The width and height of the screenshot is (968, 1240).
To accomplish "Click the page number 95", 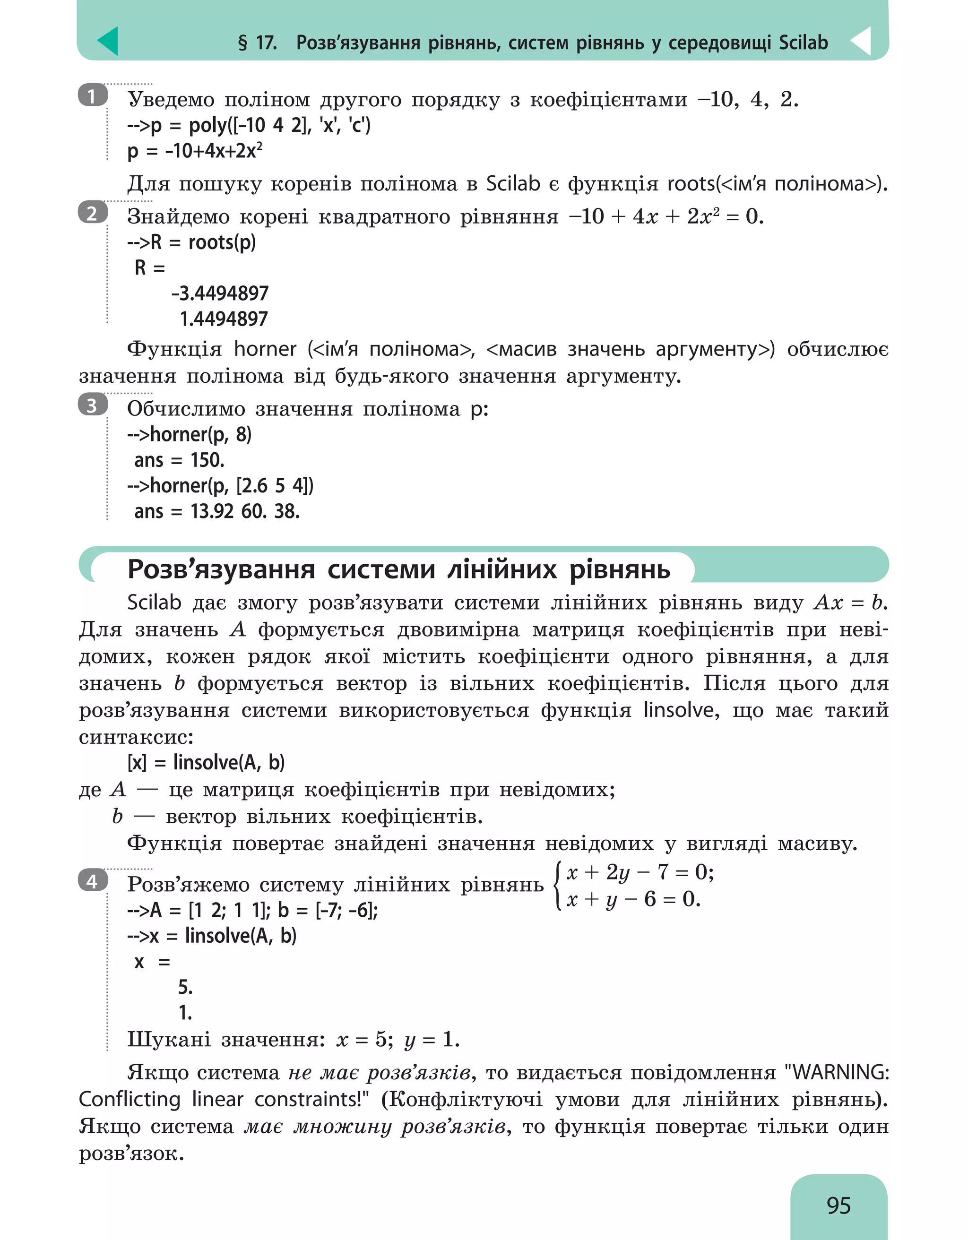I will tap(838, 1205).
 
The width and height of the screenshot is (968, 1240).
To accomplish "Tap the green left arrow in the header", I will tap(108, 41).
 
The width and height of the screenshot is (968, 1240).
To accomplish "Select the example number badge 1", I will tap(93, 96).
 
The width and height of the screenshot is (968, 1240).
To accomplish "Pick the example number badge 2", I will tap(93, 214).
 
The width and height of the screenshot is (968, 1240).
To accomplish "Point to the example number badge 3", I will tap(93, 405).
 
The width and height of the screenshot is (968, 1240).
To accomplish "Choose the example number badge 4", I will tap(93, 881).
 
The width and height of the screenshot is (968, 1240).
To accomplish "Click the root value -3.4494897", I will tap(220, 293).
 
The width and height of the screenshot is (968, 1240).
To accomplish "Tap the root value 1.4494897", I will tap(223, 319).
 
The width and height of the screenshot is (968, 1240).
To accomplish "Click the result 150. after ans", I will tap(207, 460).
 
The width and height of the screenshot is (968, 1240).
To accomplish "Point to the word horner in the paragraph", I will tap(265, 349).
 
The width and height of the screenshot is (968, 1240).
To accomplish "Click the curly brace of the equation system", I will tap(559, 886).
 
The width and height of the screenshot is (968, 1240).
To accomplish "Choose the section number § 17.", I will tap(257, 43).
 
